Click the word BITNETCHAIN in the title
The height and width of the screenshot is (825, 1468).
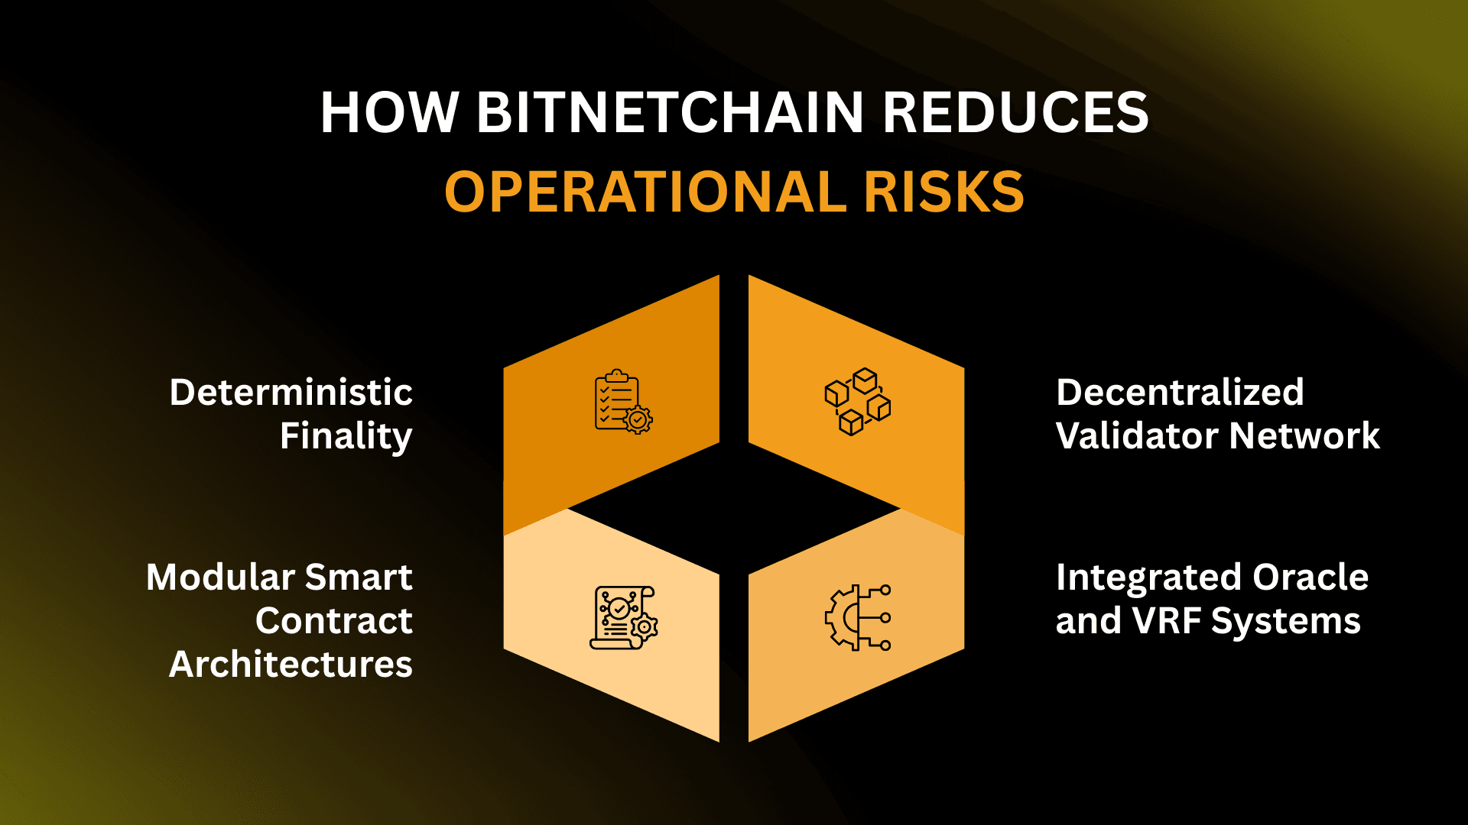(671, 113)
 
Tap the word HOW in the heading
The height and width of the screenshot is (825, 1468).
(389, 113)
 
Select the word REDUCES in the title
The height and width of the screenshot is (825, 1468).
(1015, 113)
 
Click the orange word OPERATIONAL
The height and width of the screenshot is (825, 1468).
(645, 192)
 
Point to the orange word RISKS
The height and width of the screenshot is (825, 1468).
(943, 192)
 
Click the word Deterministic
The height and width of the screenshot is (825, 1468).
(291, 393)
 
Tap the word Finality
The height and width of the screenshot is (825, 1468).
(346, 436)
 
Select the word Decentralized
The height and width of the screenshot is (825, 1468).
(1180, 393)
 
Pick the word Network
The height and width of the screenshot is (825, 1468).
(1305, 436)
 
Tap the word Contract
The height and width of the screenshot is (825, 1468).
(334, 621)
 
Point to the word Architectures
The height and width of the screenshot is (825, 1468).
(291, 665)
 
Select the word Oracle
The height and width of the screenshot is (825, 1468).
(1310, 577)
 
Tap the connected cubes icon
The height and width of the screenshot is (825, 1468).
(858, 402)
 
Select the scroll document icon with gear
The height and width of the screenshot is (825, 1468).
(623, 618)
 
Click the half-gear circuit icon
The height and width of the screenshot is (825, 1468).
(858, 618)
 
